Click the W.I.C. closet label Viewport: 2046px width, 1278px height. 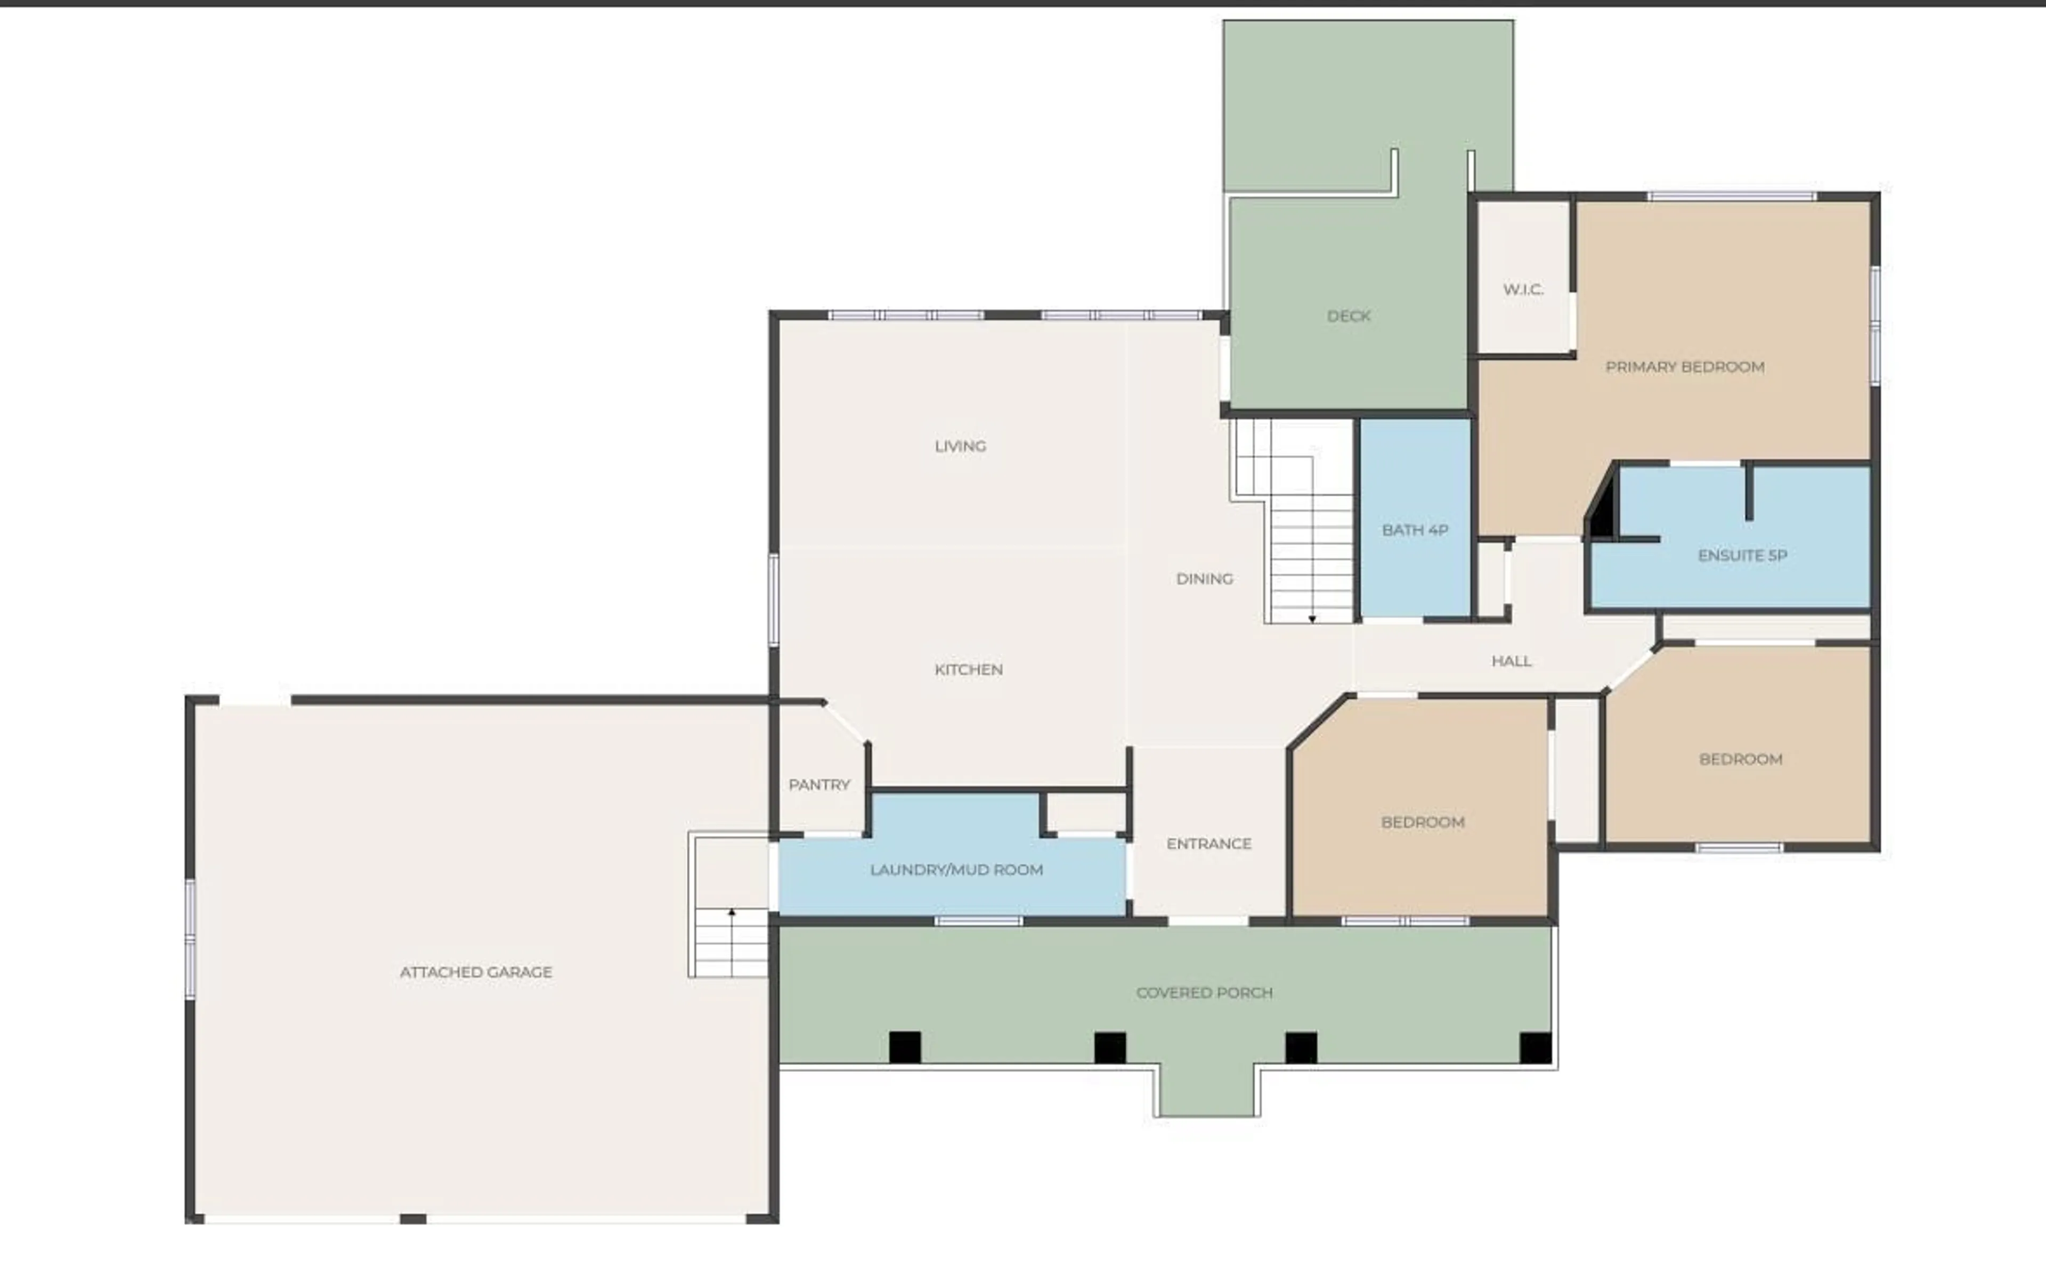click(1523, 290)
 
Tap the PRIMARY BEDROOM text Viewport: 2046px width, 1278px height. click(1684, 367)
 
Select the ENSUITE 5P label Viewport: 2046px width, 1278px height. click(1742, 555)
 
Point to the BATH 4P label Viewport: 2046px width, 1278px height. click(1415, 530)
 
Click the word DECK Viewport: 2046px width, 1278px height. click(1349, 316)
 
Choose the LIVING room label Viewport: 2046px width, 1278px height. click(960, 446)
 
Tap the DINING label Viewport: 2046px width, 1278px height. click(1204, 579)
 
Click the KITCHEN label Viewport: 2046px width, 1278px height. click(968, 669)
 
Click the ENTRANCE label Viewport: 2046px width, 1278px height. click(1208, 843)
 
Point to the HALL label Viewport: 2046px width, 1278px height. click(1511, 661)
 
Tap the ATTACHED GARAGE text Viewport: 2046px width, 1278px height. click(475, 972)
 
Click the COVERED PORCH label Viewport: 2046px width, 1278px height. click(1204, 992)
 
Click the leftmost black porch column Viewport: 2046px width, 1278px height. click(905, 1047)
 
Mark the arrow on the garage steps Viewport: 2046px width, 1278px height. click(732, 913)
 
